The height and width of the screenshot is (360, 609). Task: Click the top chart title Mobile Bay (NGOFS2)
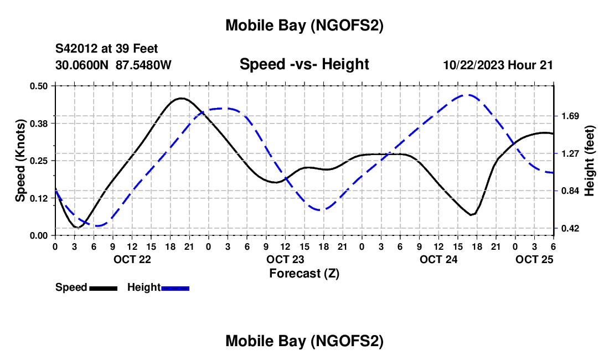304,25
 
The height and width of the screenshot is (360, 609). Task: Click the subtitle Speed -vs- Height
304,64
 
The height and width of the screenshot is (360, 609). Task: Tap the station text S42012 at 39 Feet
106,49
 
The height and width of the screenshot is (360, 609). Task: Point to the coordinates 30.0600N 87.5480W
113,65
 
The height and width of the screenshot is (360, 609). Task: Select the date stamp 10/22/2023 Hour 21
498,65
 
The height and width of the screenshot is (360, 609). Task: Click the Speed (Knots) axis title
20,161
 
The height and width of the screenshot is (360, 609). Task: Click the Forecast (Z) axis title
304,273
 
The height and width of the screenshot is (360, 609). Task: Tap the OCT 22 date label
132,259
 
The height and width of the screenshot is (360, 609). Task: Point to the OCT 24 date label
438,259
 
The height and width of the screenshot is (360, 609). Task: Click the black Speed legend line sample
104,288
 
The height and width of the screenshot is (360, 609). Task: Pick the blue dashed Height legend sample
176,288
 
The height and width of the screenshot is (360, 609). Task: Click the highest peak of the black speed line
180,98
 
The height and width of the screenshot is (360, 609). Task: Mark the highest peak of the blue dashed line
469,95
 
